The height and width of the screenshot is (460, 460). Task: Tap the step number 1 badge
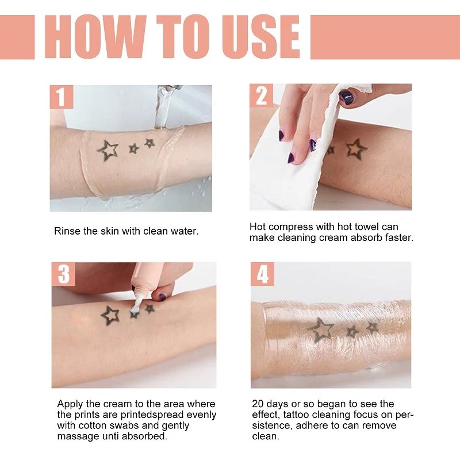(x=61, y=96)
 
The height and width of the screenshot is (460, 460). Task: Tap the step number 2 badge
(x=261, y=96)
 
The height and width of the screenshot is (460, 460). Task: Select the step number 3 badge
(x=63, y=274)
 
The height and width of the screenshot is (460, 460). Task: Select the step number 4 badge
(x=263, y=274)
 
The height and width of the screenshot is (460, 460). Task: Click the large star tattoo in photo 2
(x=356, y=149)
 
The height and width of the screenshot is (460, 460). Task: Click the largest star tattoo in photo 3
(x=110, y=315)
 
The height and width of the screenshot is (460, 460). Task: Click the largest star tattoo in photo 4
(x=320, y=329)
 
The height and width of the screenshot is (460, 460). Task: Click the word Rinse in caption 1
(x=67, y=231)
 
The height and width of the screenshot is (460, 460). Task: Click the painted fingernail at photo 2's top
(x=347, y=97)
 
